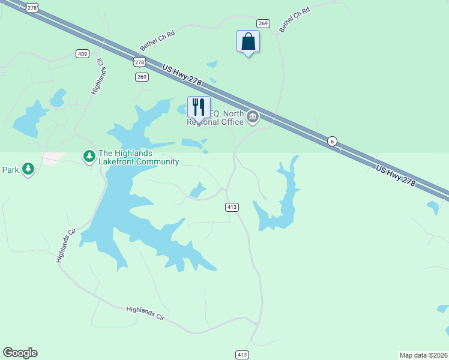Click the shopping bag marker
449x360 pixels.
pyautogui.click(x=248, y=42)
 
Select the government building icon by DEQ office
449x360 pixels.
pyautogui.click(x=253, y=116)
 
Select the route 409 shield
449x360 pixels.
pyautogui.click(x=83, y=54)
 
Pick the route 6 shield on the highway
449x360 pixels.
pyautogui.click(x=332, y=141)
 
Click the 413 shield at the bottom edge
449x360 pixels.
pyautogui.click(x=242, y=355)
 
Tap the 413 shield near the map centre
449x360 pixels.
pyautogui.click(x=232, y=207)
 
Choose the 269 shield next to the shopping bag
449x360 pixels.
pyautogui.click(x=263, y=23)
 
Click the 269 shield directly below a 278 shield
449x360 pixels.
pyautogui.click(x=142, y=77)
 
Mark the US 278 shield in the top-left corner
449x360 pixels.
pyautogui.click(x=32, y=8)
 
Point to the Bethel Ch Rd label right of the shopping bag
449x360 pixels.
pyautogui.click(x=294, y=20)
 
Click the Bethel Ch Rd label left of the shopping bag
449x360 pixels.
pyautogui.click(x=157, y=40)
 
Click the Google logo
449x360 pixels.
pyautogui.click(x=20, y=353)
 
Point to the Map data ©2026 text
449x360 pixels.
pyautogui.click(x=423, y=355)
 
